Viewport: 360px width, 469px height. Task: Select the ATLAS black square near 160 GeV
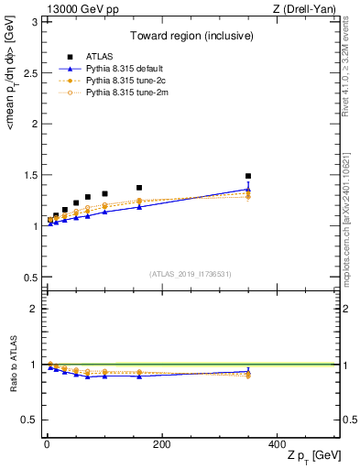point(139,188)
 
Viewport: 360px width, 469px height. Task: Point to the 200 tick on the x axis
point(162,444)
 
